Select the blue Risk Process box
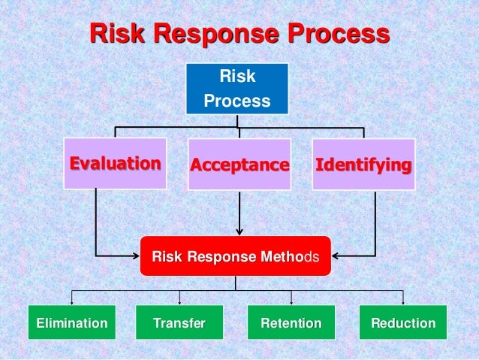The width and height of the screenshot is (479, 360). tap(237, 89)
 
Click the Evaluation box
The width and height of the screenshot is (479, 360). tap(115, 163)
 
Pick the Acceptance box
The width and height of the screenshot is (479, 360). tap(239, 164)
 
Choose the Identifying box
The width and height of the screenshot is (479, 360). tap(363, 164)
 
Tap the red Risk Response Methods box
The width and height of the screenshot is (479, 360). tap(235, 258)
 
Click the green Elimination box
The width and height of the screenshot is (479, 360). tap(71, 323)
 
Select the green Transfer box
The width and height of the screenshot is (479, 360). tap(179, 323)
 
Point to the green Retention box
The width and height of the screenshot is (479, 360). tap(291, 323)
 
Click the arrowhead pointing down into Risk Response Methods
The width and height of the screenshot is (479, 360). tap(239, 231)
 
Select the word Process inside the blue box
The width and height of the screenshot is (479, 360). tap(237, 100)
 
